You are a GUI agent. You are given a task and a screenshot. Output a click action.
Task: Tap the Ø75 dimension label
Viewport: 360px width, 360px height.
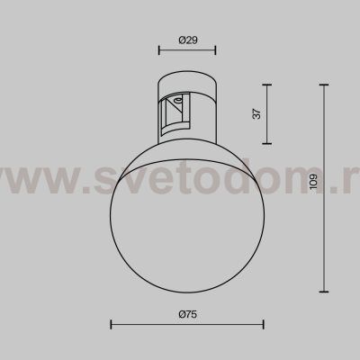click(187, 313)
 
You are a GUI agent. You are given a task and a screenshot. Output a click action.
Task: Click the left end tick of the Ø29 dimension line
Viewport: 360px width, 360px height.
click(158, 50)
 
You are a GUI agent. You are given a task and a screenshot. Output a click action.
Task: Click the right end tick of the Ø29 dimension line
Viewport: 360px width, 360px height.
click(216, 50)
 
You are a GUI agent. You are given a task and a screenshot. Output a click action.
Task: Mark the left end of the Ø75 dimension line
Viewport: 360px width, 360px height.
click(112, 324)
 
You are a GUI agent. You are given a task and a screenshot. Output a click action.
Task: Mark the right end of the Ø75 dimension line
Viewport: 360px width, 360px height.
click(264, 324)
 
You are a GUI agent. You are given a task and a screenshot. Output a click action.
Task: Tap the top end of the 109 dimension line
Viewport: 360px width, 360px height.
click(324, 84)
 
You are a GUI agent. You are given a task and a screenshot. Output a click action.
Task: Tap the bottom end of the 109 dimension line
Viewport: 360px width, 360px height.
click(324, 292)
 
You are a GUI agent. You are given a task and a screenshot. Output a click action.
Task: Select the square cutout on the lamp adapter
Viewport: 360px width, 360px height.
click(176, 114)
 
